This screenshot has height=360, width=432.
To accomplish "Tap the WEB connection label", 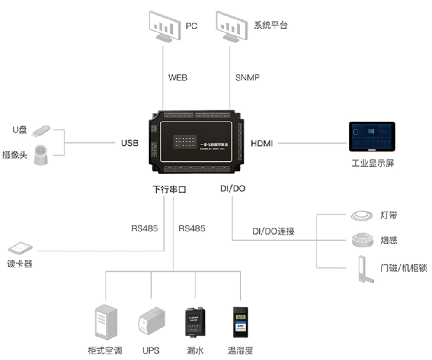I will click(x=178, y=78).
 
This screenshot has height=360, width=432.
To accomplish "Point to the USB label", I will click(x=130, y=143).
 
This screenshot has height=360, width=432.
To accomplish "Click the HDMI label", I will click(x=262, y=143).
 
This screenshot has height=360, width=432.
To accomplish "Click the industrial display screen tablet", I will click(x=372, y=137).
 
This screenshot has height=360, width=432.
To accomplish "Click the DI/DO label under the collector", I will click(x=233, y=189).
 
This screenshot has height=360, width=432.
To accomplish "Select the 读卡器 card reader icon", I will click(x=20, y=248).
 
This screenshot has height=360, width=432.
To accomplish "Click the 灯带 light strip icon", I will click(x=361, y=215).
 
